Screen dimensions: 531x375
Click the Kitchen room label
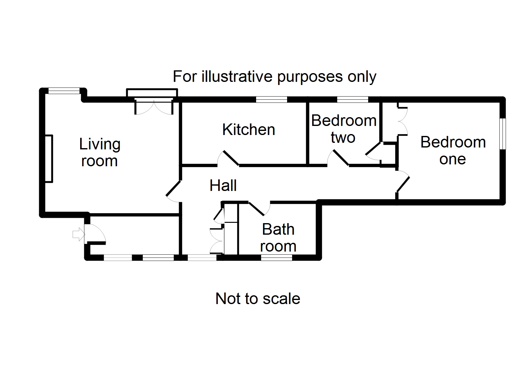249,130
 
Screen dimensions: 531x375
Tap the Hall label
223,186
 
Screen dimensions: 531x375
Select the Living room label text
100,152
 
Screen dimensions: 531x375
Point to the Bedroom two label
343,129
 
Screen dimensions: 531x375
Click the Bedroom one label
453,151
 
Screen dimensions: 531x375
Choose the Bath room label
278,238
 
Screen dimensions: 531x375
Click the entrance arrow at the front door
78,234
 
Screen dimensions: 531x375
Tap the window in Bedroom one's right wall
502,134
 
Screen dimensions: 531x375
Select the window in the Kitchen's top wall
271,100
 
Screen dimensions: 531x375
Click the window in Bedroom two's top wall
353,100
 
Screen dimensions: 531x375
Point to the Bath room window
276,258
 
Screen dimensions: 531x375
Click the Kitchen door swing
229,158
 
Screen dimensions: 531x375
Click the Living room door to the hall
173,190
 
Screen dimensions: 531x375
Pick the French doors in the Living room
153,106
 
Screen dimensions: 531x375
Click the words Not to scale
258,299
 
